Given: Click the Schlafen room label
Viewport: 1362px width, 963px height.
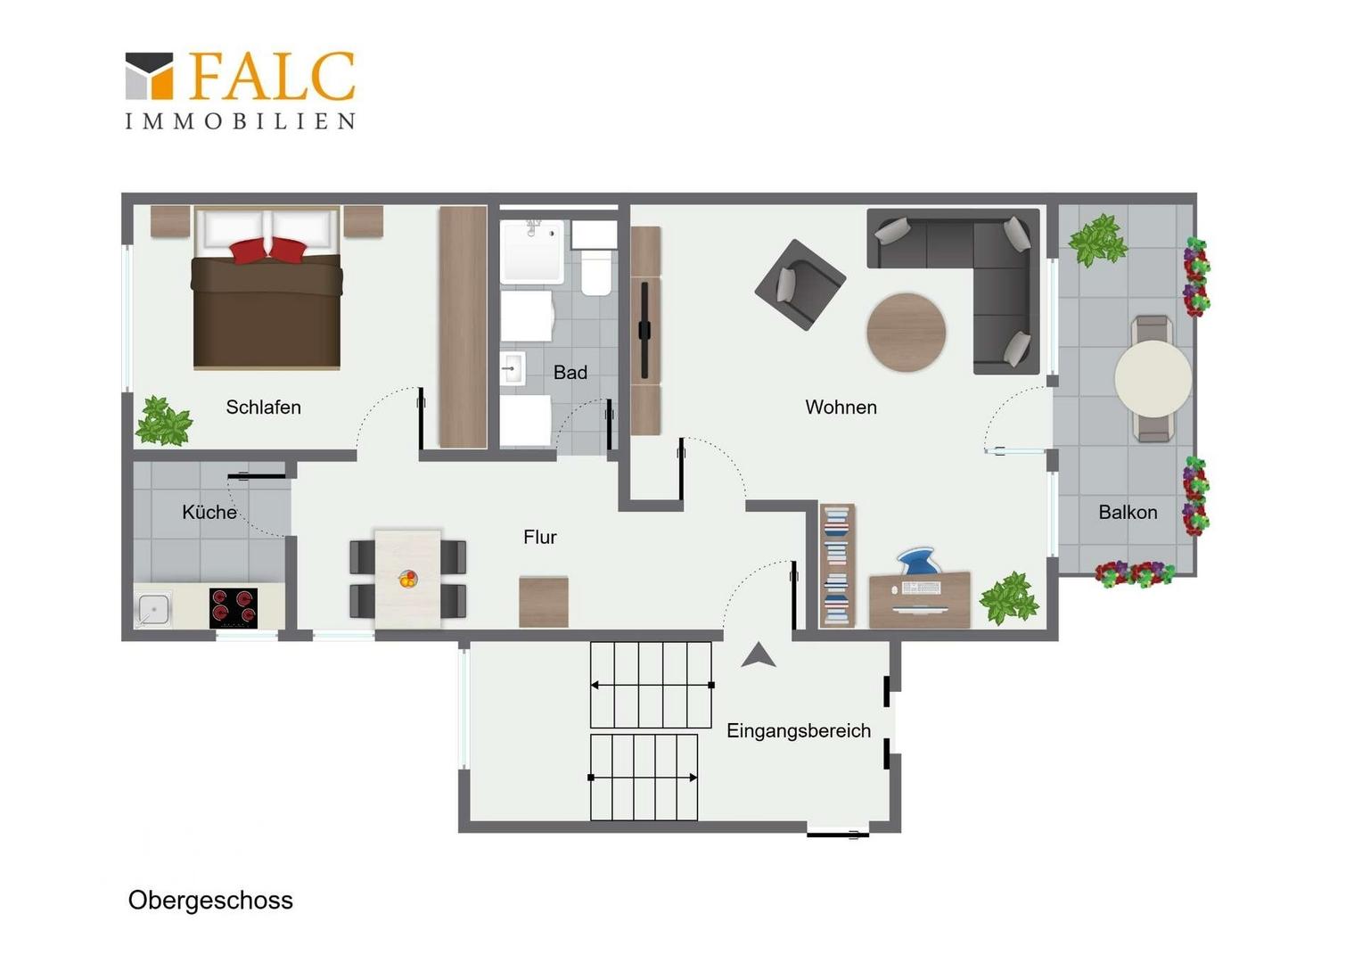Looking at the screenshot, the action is (x=263, y=407).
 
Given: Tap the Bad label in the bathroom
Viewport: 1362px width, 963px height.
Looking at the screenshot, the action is (x=570, y=373).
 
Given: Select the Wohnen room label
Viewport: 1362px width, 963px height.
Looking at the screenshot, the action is (x=841, y=407).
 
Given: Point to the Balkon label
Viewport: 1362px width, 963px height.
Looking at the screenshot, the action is (x=1128, y=512).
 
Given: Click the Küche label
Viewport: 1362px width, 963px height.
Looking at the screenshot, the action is (x=209, y=512).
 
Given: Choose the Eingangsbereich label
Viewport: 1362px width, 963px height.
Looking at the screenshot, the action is (x=799, y=730).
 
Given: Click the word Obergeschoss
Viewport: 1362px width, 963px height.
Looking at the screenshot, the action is (x=210, y=901).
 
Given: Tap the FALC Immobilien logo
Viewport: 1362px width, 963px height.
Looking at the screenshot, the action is (x=240, y=90).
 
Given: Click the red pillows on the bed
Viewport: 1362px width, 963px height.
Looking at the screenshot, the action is (x=267, y=250).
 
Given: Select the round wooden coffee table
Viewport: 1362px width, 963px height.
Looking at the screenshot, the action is (x=906, y=333).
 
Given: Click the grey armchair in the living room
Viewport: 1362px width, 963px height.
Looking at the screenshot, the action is (x=800, y=284).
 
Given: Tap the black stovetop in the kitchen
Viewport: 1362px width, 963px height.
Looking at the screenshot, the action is (x=234, y=608).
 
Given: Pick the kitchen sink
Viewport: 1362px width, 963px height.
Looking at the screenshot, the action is (x=152, y=609).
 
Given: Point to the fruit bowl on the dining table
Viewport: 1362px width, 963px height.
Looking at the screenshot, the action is (x=408, y=580).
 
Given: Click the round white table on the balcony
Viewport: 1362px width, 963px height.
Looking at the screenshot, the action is (x=1153, y=379).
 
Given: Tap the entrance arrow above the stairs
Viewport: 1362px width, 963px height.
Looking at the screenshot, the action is (x=759, y=655).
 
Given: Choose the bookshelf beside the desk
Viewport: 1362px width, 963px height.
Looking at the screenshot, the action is (x=837, y=565).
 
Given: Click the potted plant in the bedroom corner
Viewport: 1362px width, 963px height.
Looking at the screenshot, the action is (x=163, y=421).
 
